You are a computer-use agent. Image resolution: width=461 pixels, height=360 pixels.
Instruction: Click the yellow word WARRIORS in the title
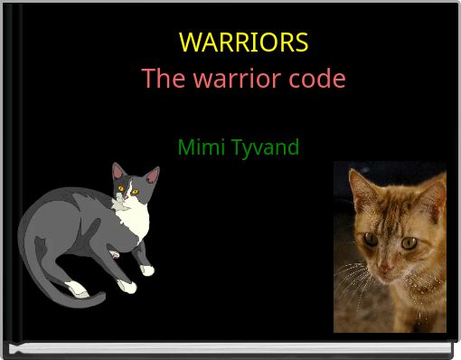click(x=243, y=43)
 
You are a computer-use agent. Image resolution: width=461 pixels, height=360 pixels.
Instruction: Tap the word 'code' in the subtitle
click(x=315, y=79)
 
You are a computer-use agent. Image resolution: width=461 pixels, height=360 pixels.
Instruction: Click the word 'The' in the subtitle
click(x=163, y=79)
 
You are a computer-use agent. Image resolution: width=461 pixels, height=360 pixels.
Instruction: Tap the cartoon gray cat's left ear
click(x=118, y=171)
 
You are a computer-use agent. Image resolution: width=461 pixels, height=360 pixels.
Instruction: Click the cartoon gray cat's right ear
click(x=152, y=174)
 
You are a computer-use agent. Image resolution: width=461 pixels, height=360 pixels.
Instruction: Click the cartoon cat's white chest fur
click(x=135, y=222)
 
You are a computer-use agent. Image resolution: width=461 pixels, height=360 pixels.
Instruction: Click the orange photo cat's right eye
click(x=409, y=242)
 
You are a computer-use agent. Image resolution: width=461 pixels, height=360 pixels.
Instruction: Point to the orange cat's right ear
click(x=433, y=195)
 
